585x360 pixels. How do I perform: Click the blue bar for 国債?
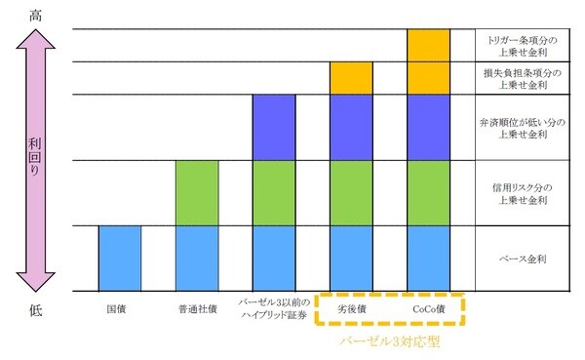120,258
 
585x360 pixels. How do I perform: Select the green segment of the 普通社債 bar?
197,192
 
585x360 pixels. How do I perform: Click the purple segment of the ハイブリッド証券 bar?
274,127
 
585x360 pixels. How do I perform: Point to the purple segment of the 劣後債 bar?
352,127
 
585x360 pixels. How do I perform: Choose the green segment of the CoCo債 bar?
429,192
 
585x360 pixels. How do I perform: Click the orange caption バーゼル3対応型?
391,343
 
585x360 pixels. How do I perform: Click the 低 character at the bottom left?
35,311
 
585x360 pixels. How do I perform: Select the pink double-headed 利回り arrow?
35,161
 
